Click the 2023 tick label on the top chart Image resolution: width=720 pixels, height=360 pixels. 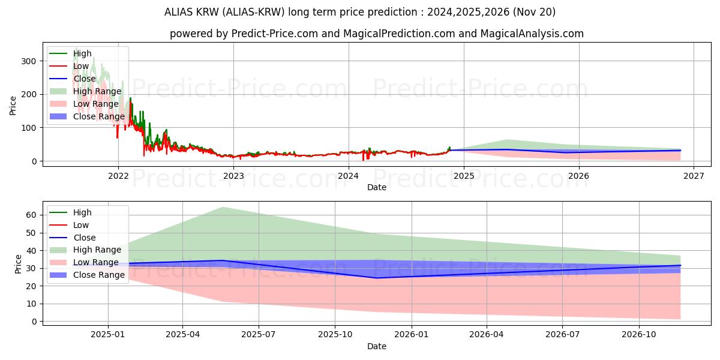[233, 176]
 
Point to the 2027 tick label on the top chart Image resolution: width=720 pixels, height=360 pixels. [694, 176]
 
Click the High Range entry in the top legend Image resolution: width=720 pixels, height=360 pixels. [97, 91]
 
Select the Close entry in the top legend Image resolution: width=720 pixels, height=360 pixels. [84, 79]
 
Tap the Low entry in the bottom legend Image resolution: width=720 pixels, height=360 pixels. [80, 225]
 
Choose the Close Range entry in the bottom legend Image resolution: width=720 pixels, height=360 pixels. [99, 275]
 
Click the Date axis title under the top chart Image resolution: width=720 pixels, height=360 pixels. [377, 187]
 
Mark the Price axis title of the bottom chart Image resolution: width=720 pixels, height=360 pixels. [18, 264]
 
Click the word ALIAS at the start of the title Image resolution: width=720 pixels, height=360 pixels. [178, 12]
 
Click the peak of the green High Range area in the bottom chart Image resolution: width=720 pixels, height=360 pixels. [222, 207]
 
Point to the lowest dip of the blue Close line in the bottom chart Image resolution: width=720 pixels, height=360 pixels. [376, 278]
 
